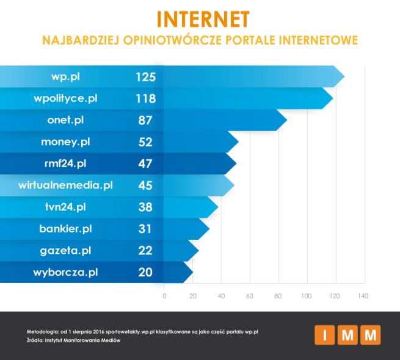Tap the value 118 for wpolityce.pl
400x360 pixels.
pos(146,98)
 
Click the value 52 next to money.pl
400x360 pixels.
pos(145,142)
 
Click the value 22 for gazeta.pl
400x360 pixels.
pos(145,250)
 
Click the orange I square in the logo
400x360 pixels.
pos(324,335)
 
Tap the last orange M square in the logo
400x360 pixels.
pos(370,335)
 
